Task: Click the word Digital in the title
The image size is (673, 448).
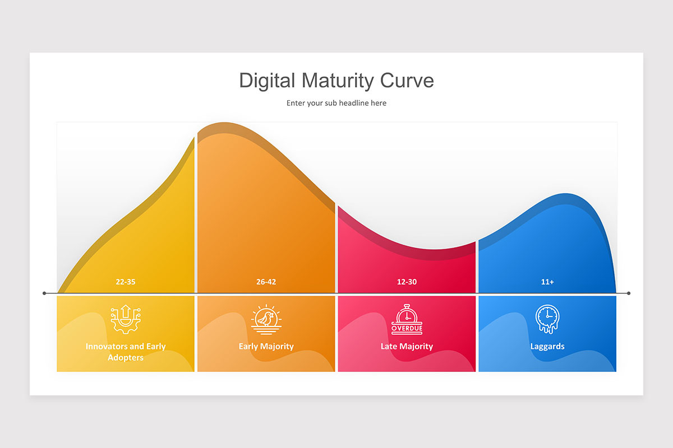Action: [x=267, y=81]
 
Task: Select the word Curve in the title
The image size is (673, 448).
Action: [x=407, y=81]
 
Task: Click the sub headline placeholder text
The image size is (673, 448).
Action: [x=336, y=103]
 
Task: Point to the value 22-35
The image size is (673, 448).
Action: [x=126, y=282]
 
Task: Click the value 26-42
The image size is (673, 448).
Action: [x=266, y=282]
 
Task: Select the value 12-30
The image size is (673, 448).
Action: [x=407, y=282]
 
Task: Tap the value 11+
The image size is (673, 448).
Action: [x=547, y=282]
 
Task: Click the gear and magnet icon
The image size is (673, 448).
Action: [x=126, y=319]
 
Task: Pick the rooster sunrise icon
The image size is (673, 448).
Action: [x=266, y=319]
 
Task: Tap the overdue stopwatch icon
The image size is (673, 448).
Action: [x=407, y=319]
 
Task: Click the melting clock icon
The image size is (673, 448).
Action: [x=547, y=319]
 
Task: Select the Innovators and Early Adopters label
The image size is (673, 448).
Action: [x=126, y=352]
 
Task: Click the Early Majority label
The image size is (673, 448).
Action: [x=266, y=346]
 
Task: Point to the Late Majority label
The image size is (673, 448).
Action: [x=407, y=346]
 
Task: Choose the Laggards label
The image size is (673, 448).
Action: [x=547, y=346]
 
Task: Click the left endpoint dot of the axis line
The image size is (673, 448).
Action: [x=45, y=293]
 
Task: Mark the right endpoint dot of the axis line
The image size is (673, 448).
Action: [x=629, y=293]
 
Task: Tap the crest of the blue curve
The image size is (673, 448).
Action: [x=566, y=195]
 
